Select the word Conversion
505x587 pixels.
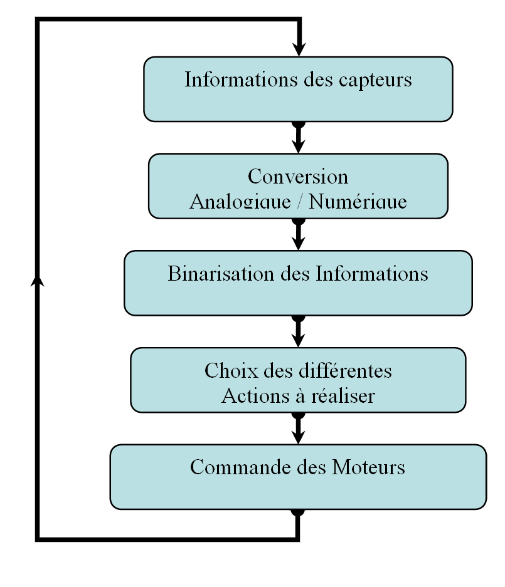coord(298,176)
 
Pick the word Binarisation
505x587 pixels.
coord(220,273)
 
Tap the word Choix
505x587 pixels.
coord(231,371)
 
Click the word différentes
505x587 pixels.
coord(345,371)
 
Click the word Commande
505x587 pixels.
coord(240,467)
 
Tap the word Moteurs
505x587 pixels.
coord(368,467)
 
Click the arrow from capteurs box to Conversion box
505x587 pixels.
coord(299,137)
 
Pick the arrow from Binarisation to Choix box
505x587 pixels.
coord(299,331)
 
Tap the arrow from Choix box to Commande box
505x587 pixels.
coord(299,429)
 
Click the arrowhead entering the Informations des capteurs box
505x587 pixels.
coord(299,49)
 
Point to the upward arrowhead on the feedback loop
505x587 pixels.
coord(37,281)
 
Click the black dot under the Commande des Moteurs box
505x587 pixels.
coord(298,512)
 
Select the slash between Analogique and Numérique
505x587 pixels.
coord(300,200)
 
